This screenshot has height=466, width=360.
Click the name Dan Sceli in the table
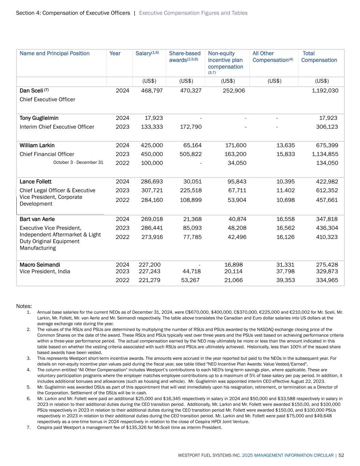31,90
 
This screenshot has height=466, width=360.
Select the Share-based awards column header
185,57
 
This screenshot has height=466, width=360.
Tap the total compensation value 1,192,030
325,90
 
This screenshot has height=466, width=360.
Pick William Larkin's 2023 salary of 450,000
152,154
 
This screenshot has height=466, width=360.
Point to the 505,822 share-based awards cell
190,154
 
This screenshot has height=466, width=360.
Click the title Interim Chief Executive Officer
57,127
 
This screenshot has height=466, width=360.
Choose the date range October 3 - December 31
78,163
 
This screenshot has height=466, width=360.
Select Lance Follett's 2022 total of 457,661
327,200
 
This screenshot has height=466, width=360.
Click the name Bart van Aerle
37,219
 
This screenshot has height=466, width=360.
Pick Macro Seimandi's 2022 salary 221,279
149,280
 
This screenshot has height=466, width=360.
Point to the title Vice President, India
45,271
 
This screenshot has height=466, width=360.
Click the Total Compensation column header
319,57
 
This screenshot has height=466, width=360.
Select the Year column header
115,53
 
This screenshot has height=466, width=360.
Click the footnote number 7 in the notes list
29,427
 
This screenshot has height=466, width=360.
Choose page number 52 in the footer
341,455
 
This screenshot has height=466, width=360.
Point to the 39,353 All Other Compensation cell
285,280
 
